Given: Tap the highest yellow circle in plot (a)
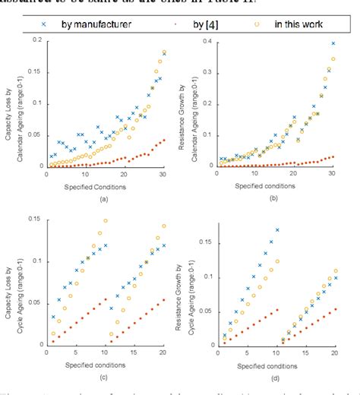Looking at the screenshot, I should coord(164,52).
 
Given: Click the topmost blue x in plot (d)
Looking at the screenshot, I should coord(277,229).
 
